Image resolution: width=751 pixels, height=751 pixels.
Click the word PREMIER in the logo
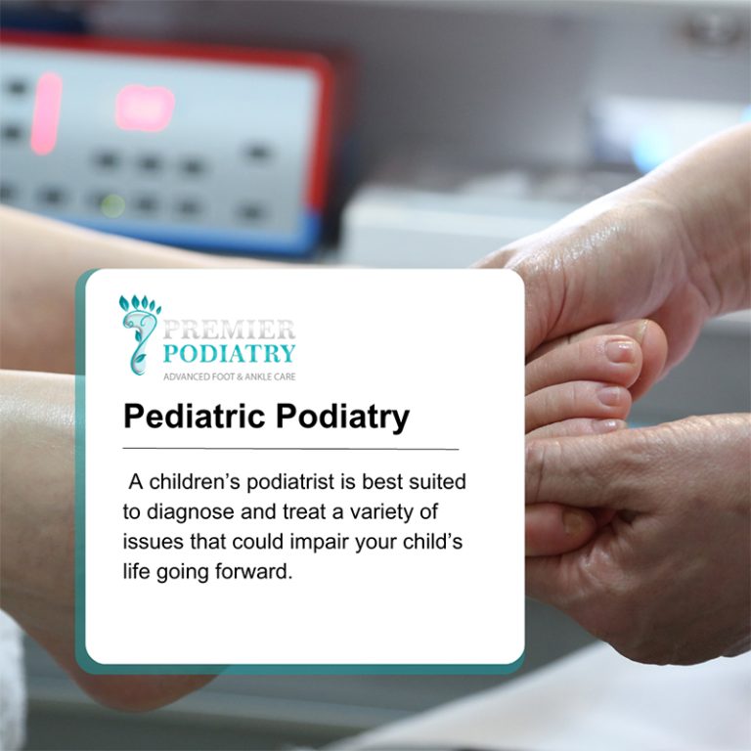pyautogui.click(x=229, y=329)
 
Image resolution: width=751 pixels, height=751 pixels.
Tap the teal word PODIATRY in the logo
pyautogui.click(x=229, y=353)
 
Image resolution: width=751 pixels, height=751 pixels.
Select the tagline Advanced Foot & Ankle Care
pyautogui.click(x=229, y=376)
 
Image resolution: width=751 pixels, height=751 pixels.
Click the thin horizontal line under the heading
pyautogui.click(x=290, y=449)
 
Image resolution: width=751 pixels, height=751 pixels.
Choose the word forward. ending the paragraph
pyautogui.click(x=257, y=572)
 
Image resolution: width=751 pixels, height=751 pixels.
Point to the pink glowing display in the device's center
pyautogui.click(x=145, y=107)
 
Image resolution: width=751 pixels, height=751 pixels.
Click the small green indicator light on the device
pyautogui.click(x=113, y=204)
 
